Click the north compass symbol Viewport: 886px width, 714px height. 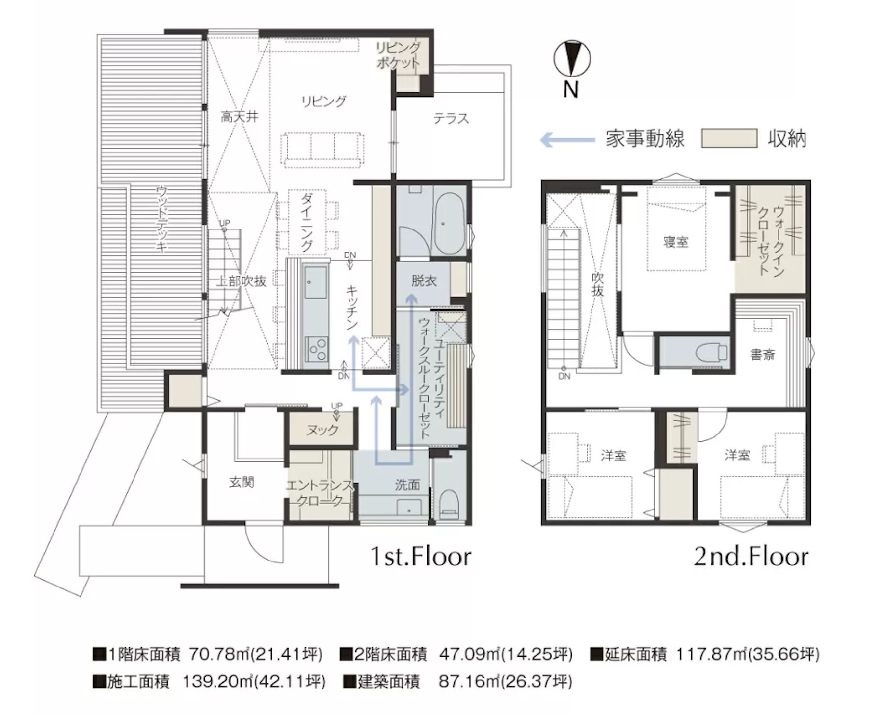pos(572,59)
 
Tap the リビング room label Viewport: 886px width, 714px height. pos(323,102)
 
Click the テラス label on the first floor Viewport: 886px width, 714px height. pos(451,119)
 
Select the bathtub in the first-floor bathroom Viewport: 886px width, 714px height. pos(449,223)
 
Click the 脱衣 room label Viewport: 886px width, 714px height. pos(423,281)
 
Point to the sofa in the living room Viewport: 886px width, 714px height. pos(322,148)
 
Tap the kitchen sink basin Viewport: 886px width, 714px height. pos(315,282)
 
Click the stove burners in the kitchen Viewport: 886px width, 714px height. pos(317,349)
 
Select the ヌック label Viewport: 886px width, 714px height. pos(322,430)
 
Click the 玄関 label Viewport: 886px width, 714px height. pos(242,483)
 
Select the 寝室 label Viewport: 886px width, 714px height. pos(675,242)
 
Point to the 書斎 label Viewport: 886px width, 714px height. pos(762,355)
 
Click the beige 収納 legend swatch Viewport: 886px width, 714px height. pos(729,139)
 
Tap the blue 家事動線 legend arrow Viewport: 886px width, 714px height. pos(567,140)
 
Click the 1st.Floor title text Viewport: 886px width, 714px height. pos(420,557)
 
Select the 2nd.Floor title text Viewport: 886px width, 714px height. pos(751,557)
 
